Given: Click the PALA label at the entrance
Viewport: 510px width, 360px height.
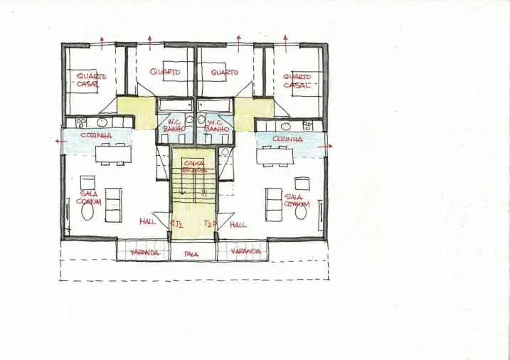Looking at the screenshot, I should (191, 253).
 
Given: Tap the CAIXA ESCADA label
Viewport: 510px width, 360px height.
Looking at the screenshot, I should (194, 166).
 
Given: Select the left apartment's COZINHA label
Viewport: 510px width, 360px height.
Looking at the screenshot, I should (95, 135).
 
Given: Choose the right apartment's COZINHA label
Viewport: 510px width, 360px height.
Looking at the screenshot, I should (287, 139).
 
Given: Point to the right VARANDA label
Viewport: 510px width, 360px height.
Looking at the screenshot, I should (245, 252).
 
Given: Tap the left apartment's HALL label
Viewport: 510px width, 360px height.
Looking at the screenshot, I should (148, 222).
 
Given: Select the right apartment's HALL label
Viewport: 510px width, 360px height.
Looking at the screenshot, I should (238, 224).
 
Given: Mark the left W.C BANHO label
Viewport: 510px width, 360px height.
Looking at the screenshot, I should (174, 125).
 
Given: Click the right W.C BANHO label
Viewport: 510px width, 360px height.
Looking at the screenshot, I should (216, 125).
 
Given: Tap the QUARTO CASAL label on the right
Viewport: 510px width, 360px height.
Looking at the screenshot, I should (297, 80).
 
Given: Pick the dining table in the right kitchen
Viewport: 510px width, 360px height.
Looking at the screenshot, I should (277, 154).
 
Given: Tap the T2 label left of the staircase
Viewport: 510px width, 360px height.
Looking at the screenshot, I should (179, 224).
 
